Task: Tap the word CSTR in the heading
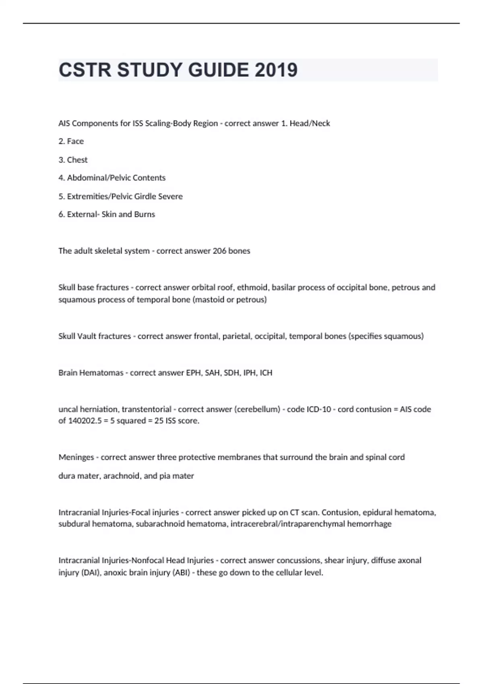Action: pyautogui.click(x=85, y=70)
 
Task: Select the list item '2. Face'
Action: pyautogui.click(x=71, y=141)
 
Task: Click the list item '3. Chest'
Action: pyautogui.click(x=73, y=160)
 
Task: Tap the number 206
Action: pyautogui.click(x=219, y=251)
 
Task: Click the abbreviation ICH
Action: pyautogui.click(x=266, y=373)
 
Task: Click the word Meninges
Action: pyautogui.click(x=76, y=457)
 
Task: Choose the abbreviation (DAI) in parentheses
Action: pyautogui.click(x=90, y=573)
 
